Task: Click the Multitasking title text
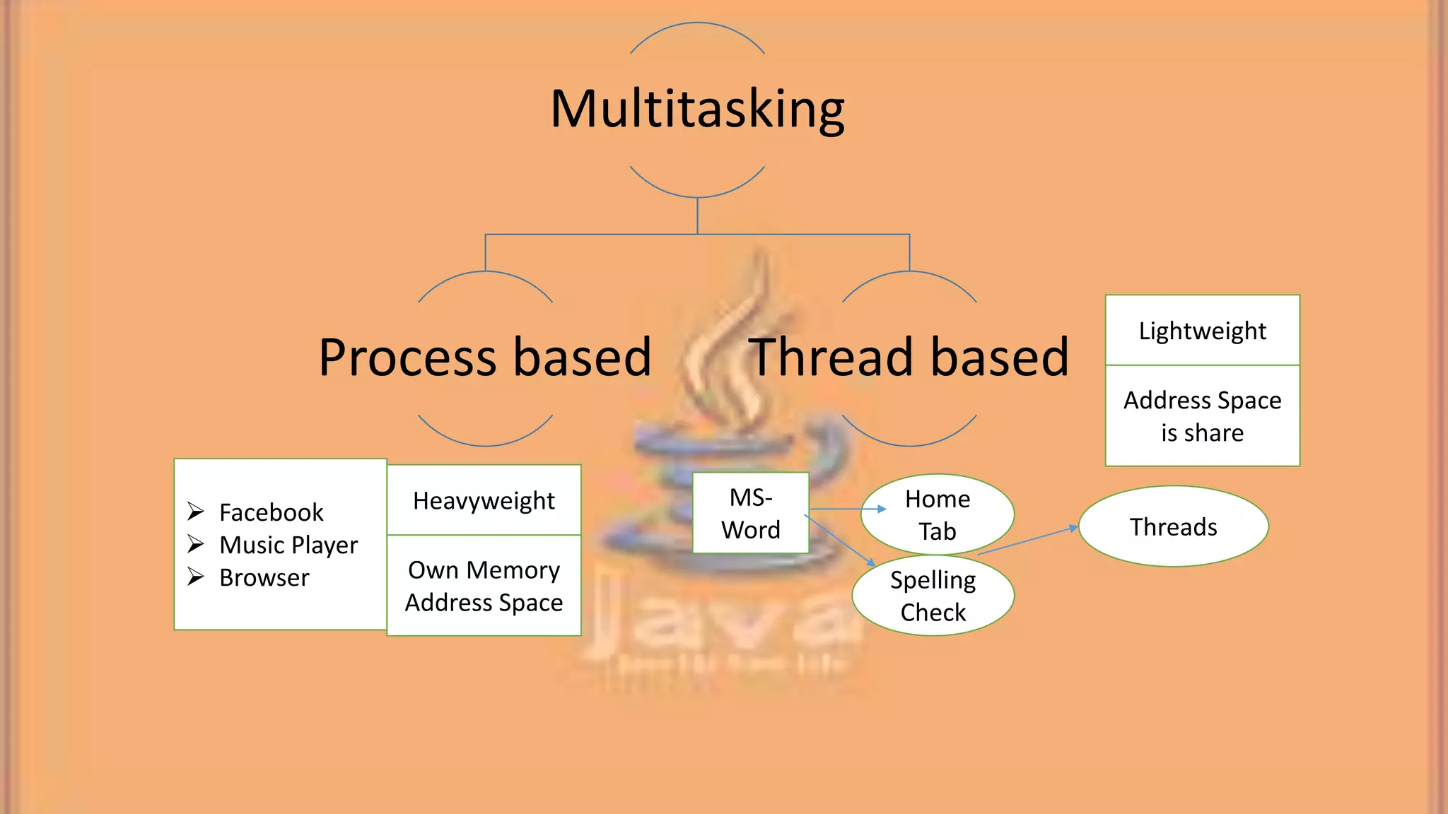[697, 110]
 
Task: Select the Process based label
[485, 358]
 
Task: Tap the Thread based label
[909, 358]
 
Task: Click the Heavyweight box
[484, 500]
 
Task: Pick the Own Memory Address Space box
[484, 586]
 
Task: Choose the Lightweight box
[1202, 331]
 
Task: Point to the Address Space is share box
[1202, 416]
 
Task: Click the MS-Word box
[750, 513]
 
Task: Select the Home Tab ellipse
[938, 514]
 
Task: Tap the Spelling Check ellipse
[933, 596]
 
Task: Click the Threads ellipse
[1173, 526]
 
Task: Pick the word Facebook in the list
[271, 512]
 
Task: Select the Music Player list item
[288, 545]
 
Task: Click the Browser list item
[264, 577]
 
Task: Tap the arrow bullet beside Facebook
[196, 511]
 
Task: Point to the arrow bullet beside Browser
[196, 577]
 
